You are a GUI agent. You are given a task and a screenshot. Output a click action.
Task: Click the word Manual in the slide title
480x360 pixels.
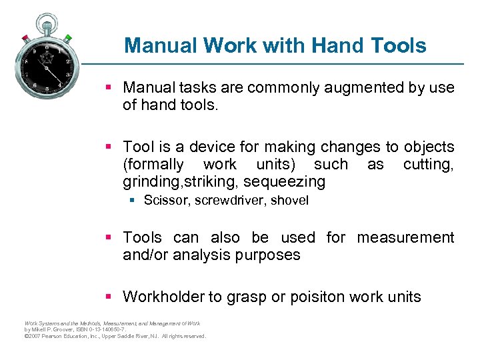click(x=161, y=45)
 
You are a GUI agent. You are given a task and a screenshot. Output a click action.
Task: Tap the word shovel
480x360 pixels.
click(x=289, y=201)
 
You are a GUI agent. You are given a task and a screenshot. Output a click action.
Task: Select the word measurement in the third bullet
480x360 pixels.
click(x=405, y=237)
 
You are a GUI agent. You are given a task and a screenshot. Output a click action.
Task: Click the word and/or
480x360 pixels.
click(x=145, y=255)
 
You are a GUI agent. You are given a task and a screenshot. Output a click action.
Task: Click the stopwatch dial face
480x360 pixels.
click(x=47, y=66)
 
